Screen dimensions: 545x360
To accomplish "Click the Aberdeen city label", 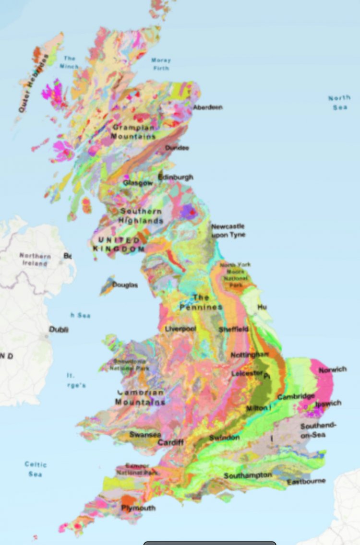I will click(x=207, y=107).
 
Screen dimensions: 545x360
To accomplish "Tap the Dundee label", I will click(x=177, y=148).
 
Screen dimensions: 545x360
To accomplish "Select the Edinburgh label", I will click(x=176, y=177).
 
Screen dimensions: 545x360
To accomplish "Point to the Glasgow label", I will click(x=138, y=183).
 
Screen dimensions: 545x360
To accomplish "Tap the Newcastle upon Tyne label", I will click(x=228, y=230).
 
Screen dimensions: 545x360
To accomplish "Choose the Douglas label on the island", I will click(x=125, y=285).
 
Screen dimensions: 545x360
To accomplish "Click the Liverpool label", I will click(x=180, y=329).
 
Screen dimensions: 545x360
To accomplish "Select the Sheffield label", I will click(x=234, y=330).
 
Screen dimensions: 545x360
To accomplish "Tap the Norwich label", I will click(x=333, y=370).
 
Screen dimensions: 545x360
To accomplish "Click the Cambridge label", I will click(x=296, y=397).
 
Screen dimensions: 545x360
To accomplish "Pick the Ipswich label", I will click(x=328, y=403).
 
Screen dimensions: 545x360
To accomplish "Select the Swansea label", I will click(x=145, y=434).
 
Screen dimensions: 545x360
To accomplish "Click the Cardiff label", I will click(x=170, y=442).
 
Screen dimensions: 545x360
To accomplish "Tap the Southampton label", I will click(x=248, y=475).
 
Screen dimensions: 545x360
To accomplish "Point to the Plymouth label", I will click(x=138, y=508).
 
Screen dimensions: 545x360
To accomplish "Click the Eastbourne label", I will click(x=306, y=481).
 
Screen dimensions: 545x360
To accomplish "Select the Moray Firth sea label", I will click(x=161, y=64).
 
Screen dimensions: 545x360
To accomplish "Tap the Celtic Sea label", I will click(x=36, y=469).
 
